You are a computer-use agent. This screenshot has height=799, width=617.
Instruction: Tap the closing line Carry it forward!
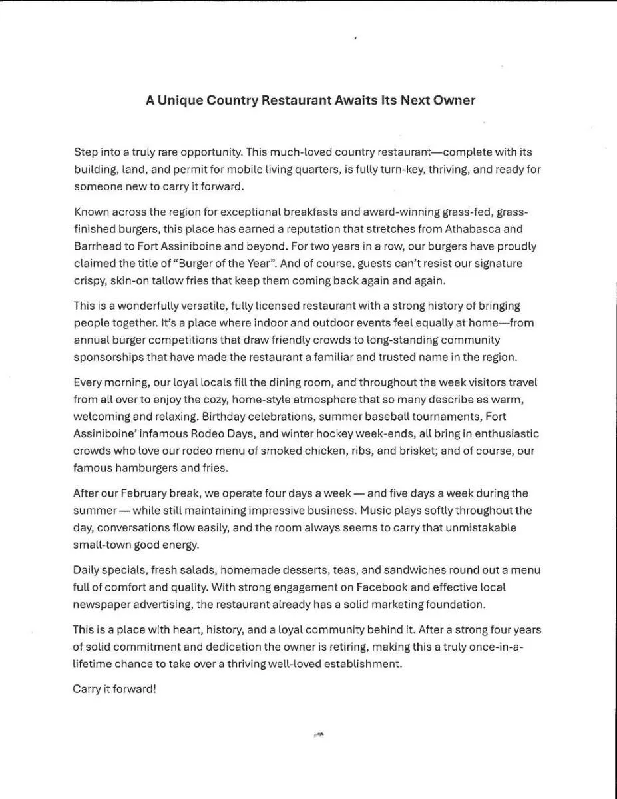click(x=114, y=689)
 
